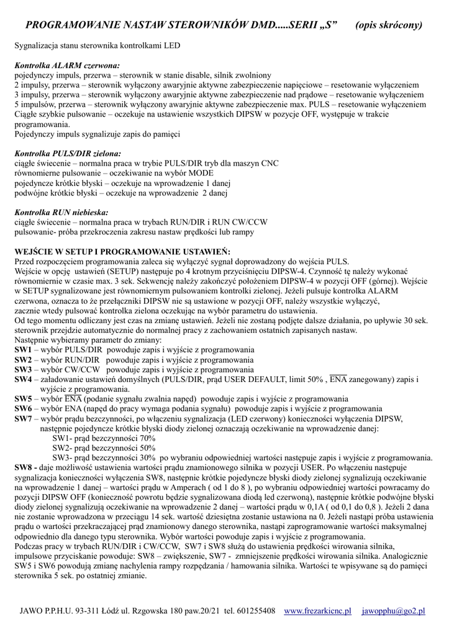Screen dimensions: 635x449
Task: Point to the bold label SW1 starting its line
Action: coord(22,350)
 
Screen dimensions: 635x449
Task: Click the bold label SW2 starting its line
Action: coord(22,360)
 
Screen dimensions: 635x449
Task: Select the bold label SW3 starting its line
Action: coord(22,370)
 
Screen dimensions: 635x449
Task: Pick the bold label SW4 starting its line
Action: coord(22,380)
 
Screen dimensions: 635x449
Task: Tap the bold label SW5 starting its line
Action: coord(22,399)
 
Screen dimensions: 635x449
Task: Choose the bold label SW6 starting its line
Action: coord(22,409)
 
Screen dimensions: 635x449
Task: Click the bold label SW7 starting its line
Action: coord(22,419)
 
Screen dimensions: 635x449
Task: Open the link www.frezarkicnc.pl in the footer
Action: coord(317,611)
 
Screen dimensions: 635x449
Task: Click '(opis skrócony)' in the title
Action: coord(389,25)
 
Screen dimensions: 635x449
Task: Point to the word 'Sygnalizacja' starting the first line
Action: coord(36,46)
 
